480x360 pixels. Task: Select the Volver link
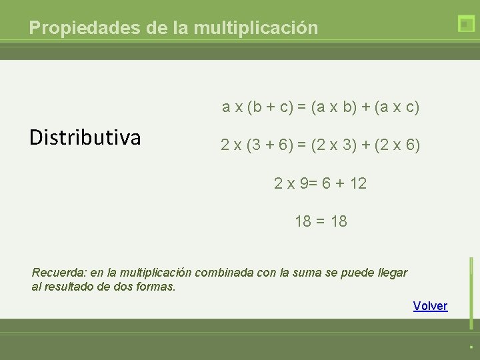(x=430, y=306)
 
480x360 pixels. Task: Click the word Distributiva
(x=85, y=137)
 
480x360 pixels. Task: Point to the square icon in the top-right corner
(x=466, y=24)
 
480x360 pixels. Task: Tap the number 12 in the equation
(x=357, y=183)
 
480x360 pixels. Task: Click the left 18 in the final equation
(x=303, y=221)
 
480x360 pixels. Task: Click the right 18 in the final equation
(x=339, y=221)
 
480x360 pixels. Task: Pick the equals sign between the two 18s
(x=321, y=221)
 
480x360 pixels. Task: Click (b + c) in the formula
(x=270, y=107)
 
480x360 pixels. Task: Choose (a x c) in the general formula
(x=397, y=107)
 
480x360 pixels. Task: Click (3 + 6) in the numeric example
(x=270, y=145)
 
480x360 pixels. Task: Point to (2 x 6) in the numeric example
(x=397, y=145)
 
